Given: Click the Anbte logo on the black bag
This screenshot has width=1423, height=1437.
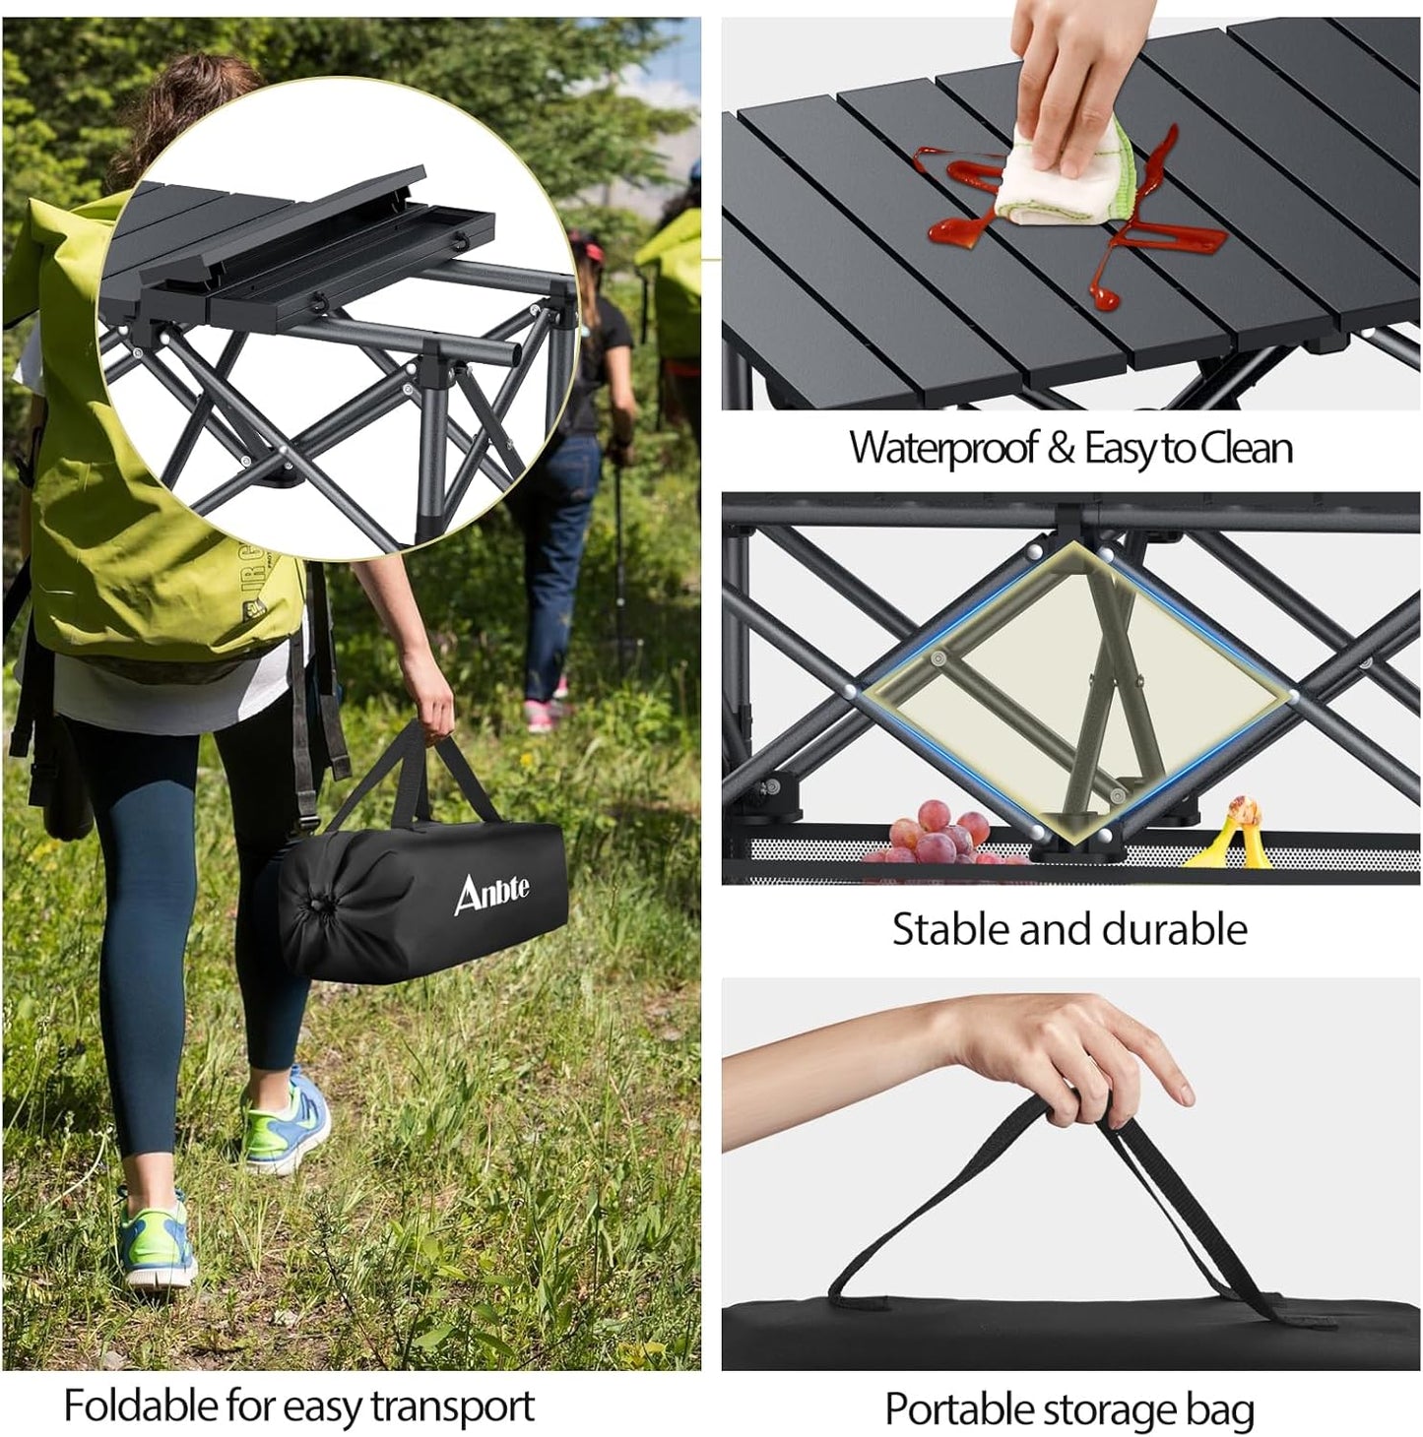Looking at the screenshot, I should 491,892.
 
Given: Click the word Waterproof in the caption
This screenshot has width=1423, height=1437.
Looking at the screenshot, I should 943,448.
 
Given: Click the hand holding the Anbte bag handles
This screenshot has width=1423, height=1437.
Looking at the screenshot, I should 428,694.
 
